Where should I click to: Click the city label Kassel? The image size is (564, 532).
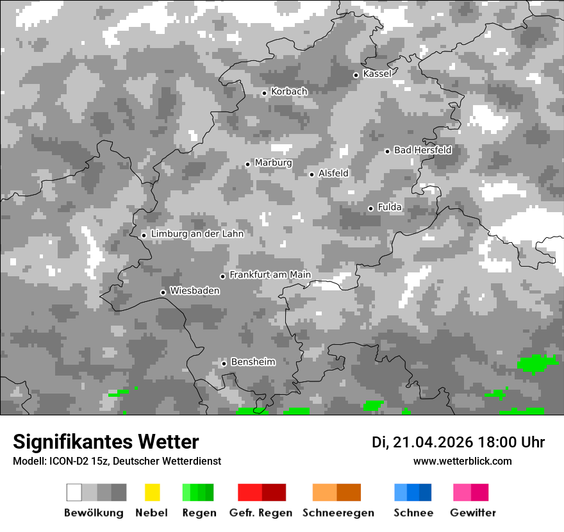pos(377,74)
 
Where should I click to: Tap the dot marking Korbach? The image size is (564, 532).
pos(264,93)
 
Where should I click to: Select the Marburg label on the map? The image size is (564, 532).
pos(273,163)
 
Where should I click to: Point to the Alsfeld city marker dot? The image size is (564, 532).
pos(312,174)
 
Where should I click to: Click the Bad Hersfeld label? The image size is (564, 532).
pos(422,150)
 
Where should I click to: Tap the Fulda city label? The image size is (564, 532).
pos(390,207)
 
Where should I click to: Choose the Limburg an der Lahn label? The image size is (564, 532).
pos(197,234)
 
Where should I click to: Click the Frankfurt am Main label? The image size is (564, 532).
pos(270,275)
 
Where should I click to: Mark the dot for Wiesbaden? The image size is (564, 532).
pos(163,292)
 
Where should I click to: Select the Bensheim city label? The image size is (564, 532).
pos(253,362)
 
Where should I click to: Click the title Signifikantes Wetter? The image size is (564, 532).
pos(106,442)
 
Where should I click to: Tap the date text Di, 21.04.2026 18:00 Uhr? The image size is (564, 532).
pos(458,442)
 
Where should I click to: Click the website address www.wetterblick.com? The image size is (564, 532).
pos(463,461)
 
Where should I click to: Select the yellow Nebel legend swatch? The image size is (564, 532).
pos(153,492)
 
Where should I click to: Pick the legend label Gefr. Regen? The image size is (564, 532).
pos(261,513)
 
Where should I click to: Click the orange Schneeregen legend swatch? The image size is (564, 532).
pos(336,492)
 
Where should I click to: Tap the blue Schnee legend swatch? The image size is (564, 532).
pos(413,492)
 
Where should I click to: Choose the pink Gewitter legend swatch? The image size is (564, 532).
pos(470,492)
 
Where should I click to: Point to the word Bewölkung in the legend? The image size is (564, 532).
pos(94,513)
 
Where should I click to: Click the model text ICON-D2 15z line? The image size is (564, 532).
pos(117,461)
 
